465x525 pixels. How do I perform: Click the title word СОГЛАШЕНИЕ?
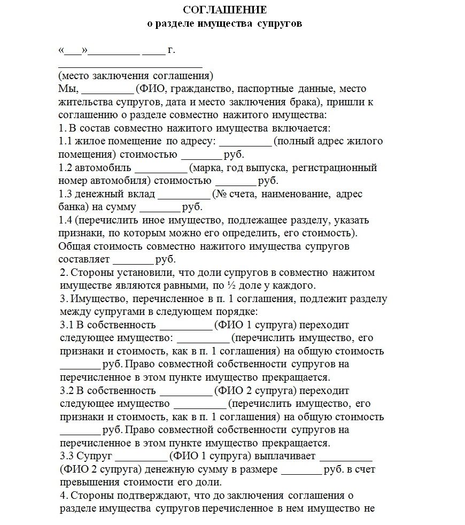(225, 10)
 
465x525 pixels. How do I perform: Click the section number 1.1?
(65, 141)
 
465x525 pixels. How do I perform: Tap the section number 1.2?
(65, 167)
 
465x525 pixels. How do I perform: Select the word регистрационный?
(337, 167)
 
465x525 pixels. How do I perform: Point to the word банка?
(71, 206)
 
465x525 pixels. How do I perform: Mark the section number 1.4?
(65, 220)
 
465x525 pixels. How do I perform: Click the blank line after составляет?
(133, 260)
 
